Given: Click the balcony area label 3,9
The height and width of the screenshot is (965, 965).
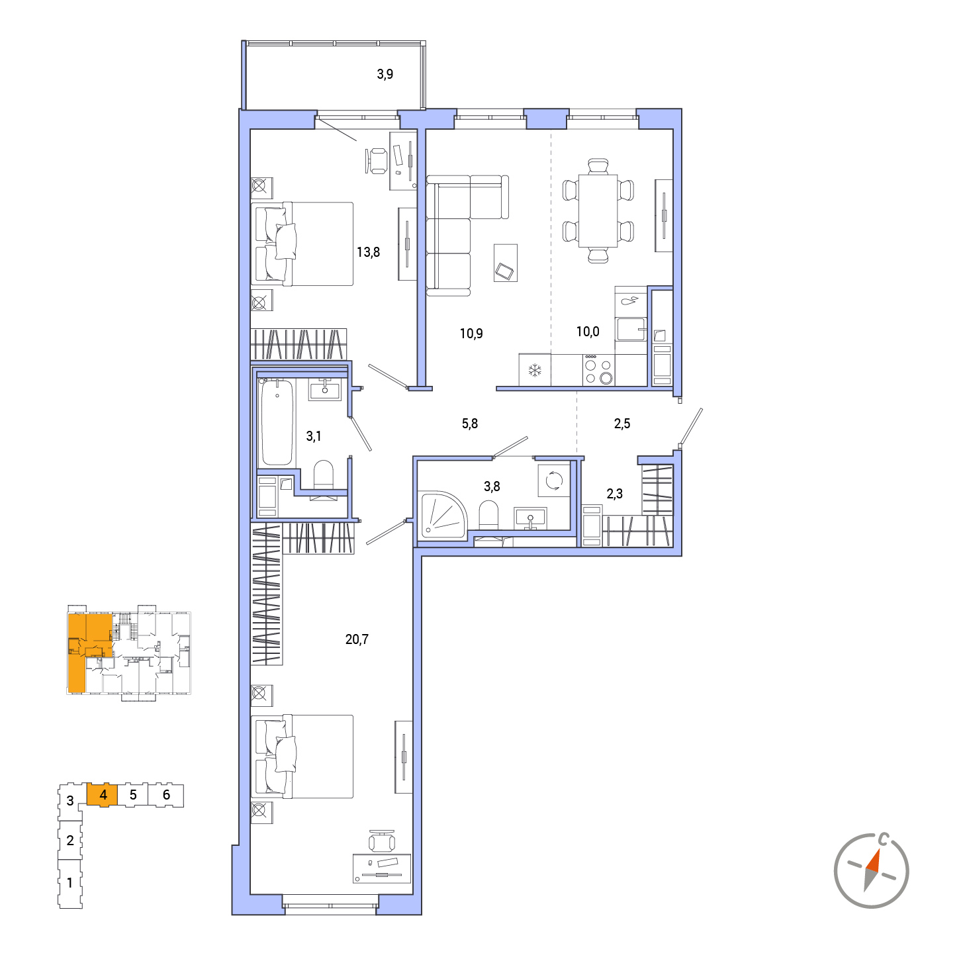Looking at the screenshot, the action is [385, 74].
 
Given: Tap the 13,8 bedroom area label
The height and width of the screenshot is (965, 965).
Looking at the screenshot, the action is [368, 252].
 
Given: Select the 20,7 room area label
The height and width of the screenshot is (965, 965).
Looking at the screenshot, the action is [357, 639].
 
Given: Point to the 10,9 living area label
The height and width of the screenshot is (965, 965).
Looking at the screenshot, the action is [471, 333].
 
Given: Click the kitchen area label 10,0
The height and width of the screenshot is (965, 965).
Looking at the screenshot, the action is [588, 332].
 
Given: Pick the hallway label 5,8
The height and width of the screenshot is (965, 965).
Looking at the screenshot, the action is [470, 424].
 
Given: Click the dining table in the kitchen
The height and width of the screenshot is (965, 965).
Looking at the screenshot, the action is [598, 210].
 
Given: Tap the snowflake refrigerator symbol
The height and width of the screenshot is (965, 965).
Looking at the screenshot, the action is [535, 371].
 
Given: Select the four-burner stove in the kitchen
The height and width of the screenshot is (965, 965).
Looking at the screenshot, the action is [599, 369].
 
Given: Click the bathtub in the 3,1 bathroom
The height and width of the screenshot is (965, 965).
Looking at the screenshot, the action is [277, 422].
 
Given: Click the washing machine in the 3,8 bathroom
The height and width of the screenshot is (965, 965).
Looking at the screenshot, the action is [553, 481].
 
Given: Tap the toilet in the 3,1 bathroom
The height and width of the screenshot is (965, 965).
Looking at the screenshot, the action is [324, 475].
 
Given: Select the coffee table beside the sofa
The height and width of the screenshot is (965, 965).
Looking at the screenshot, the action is [505, 263].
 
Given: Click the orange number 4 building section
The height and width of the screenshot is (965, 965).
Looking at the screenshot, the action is [103, 795].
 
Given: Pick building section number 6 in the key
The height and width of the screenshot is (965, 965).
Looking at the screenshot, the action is [166, 795].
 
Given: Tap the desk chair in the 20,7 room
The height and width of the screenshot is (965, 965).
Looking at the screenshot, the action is [382, 842].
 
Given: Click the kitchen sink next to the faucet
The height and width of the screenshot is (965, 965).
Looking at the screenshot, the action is [631, 329].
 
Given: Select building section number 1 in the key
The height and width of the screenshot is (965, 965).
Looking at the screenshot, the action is [70, 882].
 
